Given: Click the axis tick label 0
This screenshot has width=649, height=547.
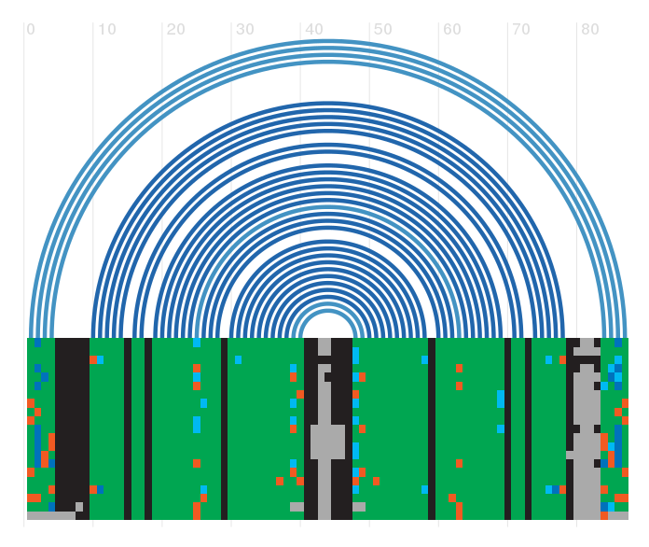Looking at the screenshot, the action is coord(31,30).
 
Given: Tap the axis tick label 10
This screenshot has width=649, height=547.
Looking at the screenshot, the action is coord(107,30).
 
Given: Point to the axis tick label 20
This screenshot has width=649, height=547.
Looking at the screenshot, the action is coord(176,30).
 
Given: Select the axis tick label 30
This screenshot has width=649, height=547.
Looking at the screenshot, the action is coord(245,30).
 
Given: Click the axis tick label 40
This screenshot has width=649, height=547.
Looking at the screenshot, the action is coord(314,30).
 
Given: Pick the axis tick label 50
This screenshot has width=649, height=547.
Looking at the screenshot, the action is coord(383,30).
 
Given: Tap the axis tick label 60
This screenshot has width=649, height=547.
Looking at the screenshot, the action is coord(452,30).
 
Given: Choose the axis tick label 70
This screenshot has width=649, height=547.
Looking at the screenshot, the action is coord(521,30).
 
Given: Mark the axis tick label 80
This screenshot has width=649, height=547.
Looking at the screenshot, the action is coord(590,30).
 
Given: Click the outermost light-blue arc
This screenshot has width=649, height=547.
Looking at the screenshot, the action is coord(328,41).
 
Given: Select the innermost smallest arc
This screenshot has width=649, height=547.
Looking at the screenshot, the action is coord(328,312).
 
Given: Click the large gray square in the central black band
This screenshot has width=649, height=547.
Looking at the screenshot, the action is coord(327,442).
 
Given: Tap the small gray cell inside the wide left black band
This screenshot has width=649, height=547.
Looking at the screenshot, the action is coord(79,506).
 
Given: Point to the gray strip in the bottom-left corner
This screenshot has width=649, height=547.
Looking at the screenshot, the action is coord(51,515).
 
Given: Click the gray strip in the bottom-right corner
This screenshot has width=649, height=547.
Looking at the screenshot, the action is coord(618,515).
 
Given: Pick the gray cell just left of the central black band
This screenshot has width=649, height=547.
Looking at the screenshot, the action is coord(297,506).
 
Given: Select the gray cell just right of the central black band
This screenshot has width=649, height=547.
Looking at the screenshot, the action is coord(359,506).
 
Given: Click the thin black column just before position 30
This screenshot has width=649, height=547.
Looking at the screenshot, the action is coord(225,428).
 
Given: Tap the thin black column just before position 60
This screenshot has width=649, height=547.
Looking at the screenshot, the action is coord(432,428).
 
